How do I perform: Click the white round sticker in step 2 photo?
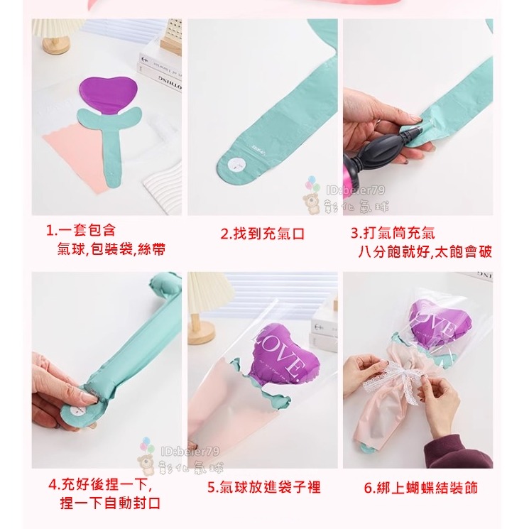[x=235, y=164]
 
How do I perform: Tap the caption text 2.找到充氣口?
[x=263, y=234]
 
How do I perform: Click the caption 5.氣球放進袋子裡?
[x=263, y=488]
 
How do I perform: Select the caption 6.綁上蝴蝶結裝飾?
[x=420, y=488]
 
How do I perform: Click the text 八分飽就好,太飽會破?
[x=425, y=251]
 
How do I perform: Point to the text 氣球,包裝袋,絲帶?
[x=111, y=250]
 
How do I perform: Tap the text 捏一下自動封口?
[x=110, y=503]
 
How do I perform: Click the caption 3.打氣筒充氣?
[x=393, y=233]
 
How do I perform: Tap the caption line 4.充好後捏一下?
[x=101, y=485]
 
